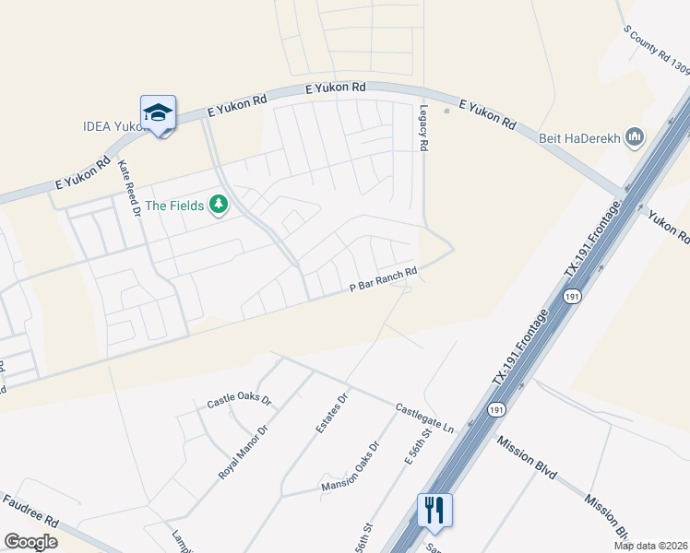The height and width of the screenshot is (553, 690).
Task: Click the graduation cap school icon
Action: click(x=158, y=112)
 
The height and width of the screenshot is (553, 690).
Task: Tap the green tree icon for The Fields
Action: click(x=219, y=204)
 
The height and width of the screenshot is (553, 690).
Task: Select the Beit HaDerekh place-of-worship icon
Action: click(x=634, y=138)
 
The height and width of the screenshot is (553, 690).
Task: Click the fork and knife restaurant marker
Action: click(x=434, y=510)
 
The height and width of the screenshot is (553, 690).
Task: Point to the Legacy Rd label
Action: click(x=424, y=128)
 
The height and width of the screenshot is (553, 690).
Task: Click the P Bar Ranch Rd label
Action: click(x=385, y=280)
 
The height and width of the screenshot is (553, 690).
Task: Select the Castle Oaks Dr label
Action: click(x=239, y=401)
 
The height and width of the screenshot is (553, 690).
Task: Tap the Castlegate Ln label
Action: click(x=425, y=419)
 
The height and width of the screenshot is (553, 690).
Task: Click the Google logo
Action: click(x=31, y=542)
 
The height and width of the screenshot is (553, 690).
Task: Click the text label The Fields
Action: click(x=173, y=206)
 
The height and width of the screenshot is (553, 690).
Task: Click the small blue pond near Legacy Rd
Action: click(x=446, y=111)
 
